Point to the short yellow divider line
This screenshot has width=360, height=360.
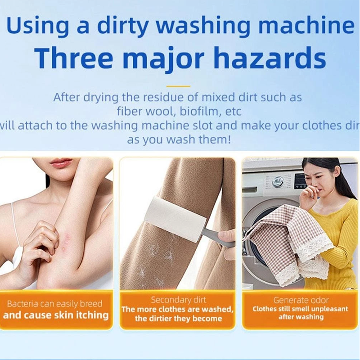click(178, 86)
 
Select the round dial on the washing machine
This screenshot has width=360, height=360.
click(278, 182)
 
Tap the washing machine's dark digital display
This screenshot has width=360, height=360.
click(301, 181)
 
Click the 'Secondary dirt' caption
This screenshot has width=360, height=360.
click(178, 300)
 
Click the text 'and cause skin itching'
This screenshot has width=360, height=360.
click(56, 315)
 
